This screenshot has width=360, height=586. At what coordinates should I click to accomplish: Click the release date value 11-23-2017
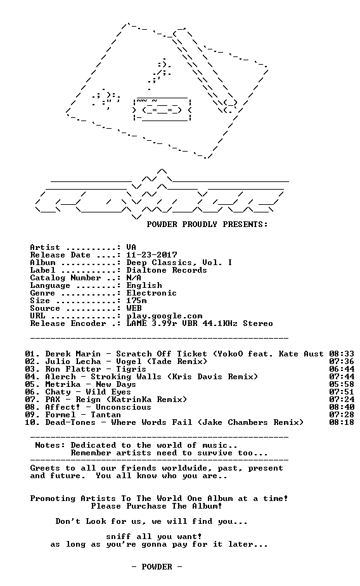[x=151, y=255]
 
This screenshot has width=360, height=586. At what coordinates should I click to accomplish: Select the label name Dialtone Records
[x=167, y=270]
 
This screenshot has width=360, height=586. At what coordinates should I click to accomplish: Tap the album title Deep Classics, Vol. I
[x=179, y=263]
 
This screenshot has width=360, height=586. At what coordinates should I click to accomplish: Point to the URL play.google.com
[x=164, y=316]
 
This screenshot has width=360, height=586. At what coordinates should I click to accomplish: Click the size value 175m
[x=136, y=301]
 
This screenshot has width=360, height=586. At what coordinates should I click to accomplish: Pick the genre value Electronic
[x=151, y=293]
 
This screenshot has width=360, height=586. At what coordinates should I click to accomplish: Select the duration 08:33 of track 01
[x=342, y=354]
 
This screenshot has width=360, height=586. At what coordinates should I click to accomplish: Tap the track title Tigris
[x=131, y=370]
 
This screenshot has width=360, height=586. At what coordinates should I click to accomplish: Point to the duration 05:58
[x=342, y=384]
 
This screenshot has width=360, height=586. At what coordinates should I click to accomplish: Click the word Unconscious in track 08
[x=124, y=407]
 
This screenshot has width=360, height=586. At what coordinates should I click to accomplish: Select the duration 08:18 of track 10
[x=342, y=422]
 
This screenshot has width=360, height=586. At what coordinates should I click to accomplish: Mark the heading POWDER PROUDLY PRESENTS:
[x=207, y=225]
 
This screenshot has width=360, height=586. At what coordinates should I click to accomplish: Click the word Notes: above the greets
[x=50, y=445]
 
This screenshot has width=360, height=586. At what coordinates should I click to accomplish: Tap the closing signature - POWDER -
[x=157, y=567]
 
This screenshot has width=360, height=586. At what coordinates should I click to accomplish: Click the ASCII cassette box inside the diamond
[x=162, y=108]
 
